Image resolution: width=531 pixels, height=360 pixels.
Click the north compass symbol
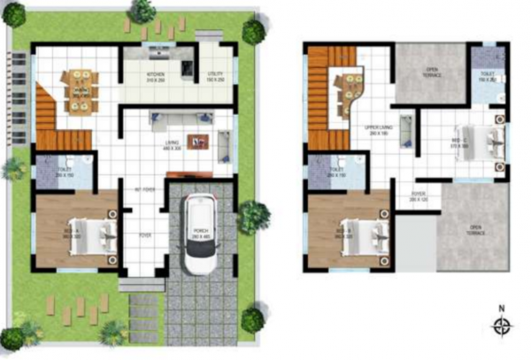pyautogui.click(x=503, y=326)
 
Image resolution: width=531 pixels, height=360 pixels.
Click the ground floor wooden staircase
pyautogui.click(x=53, y=119)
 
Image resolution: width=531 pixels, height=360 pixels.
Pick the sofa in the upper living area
pyautogui.click(x=406, y=130)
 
